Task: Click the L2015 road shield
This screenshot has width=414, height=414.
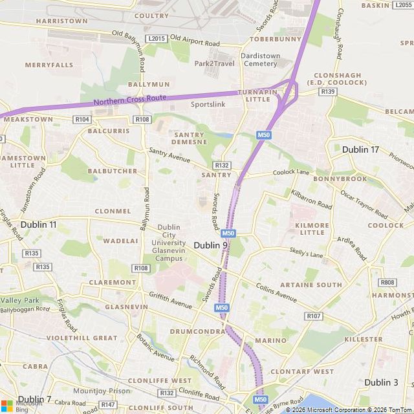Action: click(x=157, y=39)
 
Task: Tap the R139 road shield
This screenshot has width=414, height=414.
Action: click(x=329, y=92)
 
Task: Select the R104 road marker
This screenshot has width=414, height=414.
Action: click(x=82, y=120)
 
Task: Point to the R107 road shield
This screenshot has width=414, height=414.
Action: click(x=314, y=316)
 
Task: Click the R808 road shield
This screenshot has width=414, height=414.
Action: click(x=387, y=283)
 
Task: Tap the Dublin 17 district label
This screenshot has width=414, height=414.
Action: click(x=360, y=149)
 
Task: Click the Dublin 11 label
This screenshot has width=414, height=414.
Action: click(x=38, y=224)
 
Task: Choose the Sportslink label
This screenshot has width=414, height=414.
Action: click(x=208, y=103)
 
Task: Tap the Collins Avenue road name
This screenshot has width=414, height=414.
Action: click(x=276, y=293)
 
